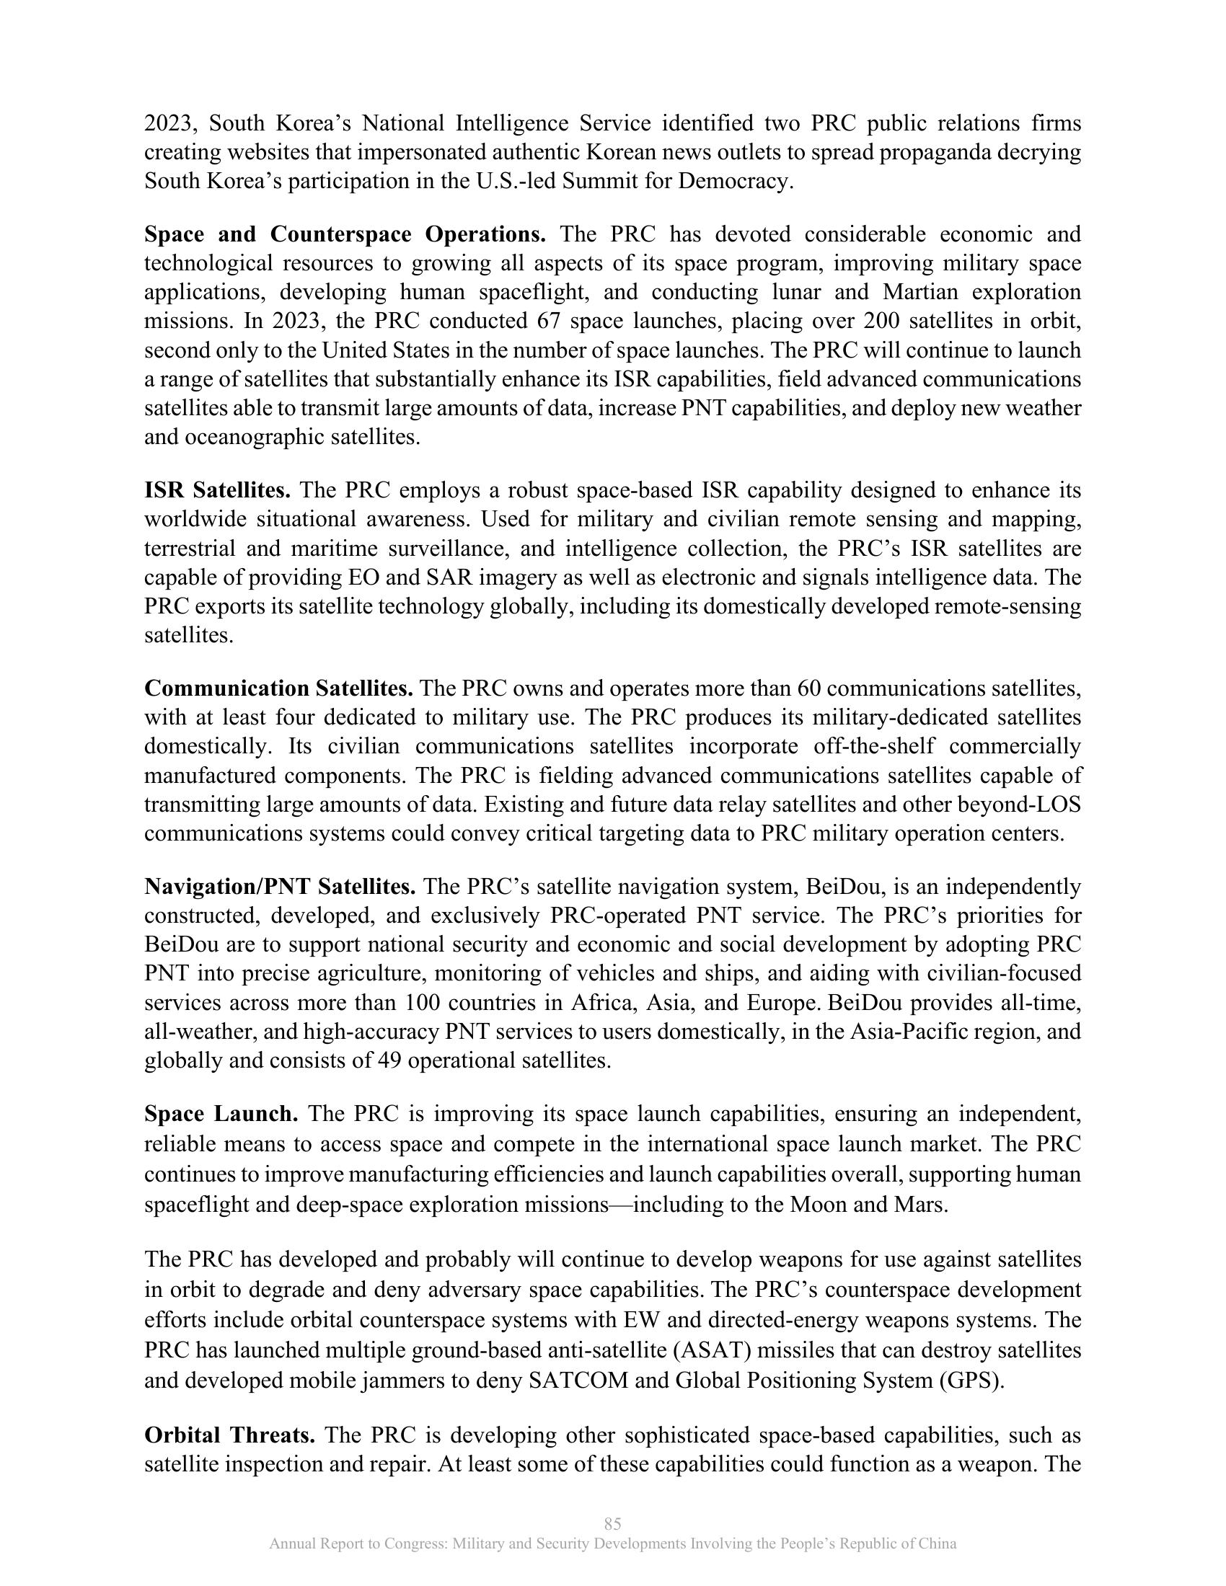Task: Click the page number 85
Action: click(x=612, y=1523)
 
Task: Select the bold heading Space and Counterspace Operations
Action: click(x=345, y=234)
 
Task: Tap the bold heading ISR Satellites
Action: click(x=217, y=491)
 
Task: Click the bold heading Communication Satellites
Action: click(x=278, y=688)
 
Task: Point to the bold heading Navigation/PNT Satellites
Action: click(x=280, y=887)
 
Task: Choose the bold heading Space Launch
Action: click(x=221, y=1114)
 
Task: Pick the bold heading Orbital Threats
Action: click(x=229, y=1435)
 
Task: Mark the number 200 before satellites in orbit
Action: click(x=884, y=321)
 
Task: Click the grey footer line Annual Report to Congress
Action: click(x=612, y=1544)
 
